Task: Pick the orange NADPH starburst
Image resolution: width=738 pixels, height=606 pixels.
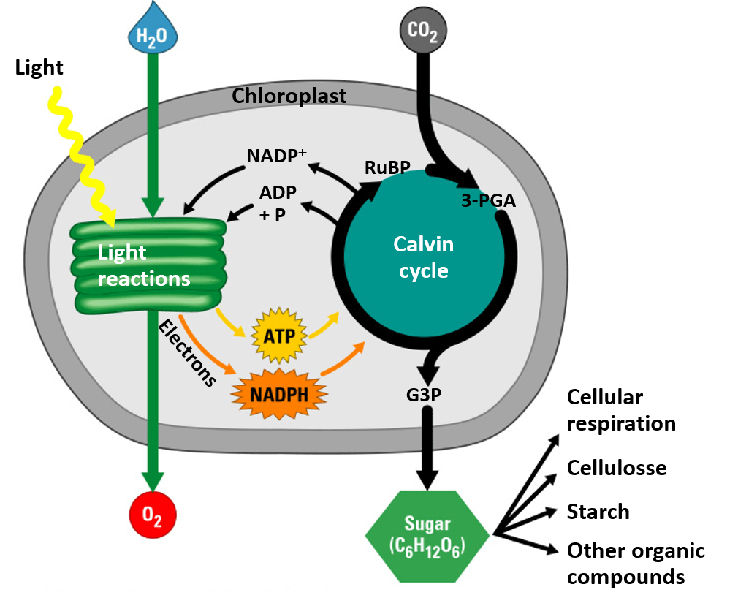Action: click(278, 393)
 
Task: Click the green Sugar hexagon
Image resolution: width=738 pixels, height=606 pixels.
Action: click(427, 536)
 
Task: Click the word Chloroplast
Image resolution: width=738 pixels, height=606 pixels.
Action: click(289, 96)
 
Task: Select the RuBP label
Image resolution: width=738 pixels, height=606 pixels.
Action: click(386, 168)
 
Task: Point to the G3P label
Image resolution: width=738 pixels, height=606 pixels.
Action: click(424, 395)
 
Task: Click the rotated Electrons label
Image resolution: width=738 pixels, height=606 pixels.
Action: click(187, 352)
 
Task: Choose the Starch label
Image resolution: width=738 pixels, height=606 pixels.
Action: click(598, 511)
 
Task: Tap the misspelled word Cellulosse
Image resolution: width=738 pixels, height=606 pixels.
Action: click(617, 467)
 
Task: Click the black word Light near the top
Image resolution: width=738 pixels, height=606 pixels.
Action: click(39, 68)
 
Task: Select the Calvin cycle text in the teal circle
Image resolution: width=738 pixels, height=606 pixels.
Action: click(424, 257)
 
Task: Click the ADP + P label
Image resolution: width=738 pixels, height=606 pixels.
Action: click(277, 204)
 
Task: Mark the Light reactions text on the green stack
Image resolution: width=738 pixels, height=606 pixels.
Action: click(143, 265)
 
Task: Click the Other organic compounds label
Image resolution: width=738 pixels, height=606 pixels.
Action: click(636, 564)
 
